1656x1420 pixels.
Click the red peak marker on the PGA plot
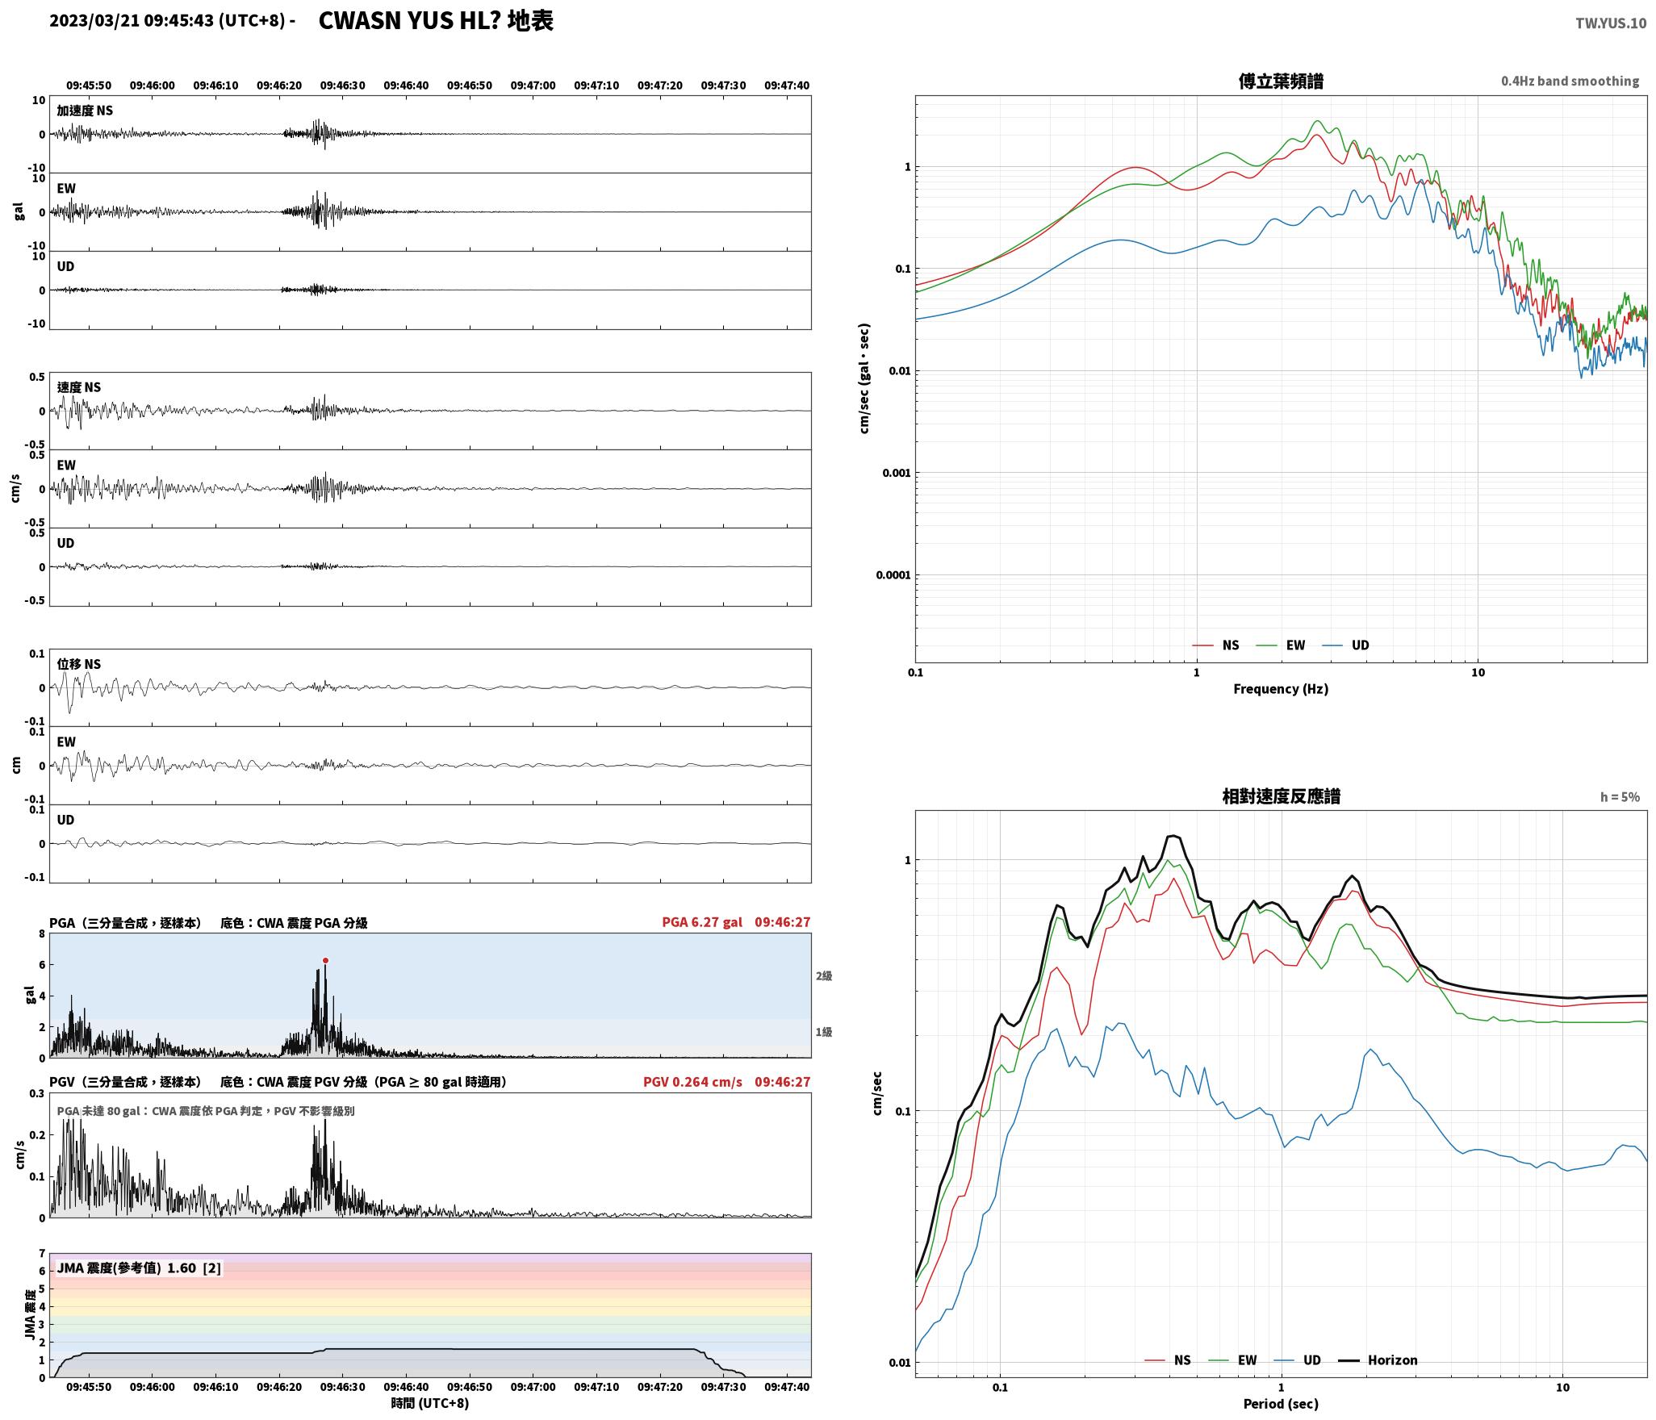tap(325, 960)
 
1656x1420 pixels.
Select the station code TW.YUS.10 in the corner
tap(1611, 23)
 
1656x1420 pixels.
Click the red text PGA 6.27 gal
tap(702, 921)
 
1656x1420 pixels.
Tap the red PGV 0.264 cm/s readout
tap(692, 1081)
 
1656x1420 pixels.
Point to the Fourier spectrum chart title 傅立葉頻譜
tap(1281, 81)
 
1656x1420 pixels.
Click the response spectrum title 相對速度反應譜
tap(1281, 796)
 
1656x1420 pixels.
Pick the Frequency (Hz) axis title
tap(1281, 688)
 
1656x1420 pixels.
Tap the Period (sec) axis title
tap(1281, 1403)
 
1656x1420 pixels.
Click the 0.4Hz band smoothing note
tap(1570, 81)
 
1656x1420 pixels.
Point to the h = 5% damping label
tap(1620, 796)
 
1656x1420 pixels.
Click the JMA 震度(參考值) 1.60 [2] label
tap(139, 1268)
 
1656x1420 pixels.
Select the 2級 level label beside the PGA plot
tap(823, 975)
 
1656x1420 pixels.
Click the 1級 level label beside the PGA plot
tap(823, 1031)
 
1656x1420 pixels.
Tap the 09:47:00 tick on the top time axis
tap(533, 85)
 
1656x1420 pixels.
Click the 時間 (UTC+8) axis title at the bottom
tap(430, 1402)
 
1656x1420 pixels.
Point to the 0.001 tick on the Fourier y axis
tap(895, 473)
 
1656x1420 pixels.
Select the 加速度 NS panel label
tap(85, 111)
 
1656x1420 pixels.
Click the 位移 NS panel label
tap(79, 664)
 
